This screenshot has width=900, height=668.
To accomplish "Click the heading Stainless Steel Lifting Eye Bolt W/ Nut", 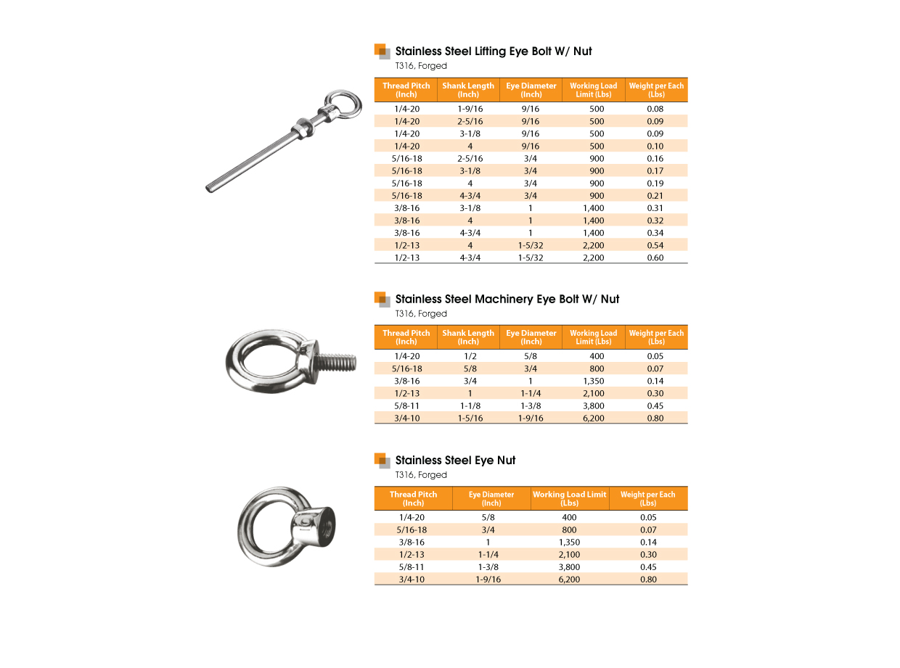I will pyautogui.click(x=494, y=51).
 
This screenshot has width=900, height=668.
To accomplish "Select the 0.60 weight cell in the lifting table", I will pyautogui.click(x=655, y=257).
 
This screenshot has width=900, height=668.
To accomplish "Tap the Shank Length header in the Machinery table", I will pyautogui.click(x=468, y=337).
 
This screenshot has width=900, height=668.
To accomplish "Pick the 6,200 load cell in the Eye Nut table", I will pyautogui.click(x=570, y=579).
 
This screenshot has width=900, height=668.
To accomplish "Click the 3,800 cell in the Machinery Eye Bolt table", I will pyautogui.click(x=593, y=405).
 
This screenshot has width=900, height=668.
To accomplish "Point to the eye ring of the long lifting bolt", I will pyautogui.click(x=343, y=104).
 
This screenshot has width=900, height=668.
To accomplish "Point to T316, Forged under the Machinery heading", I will pyautogui.click(x=421, y=314).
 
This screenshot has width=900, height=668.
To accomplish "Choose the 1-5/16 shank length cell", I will pyautogui.click(x=470, y=418).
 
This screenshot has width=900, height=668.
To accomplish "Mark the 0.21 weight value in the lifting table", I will pyautogui.click(x=655, y=195).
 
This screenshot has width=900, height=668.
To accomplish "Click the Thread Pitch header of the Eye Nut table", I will pyautogui.click(x=413, y=498).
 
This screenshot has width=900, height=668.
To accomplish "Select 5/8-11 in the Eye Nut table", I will pyautogui.click(x=412, y=566).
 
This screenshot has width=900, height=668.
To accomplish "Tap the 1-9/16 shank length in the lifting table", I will pyautogui.click(x=470, y=109).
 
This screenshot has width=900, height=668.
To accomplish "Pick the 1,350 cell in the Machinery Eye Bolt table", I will pyautogui.click(x=593, y=381).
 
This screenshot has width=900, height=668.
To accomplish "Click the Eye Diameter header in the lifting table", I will pyautogui.click(x=531, y=90).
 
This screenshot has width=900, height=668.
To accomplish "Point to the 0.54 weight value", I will pyautogui.click(x=655, y=245).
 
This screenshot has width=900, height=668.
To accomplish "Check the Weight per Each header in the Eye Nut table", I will pyautogui.click(x=647, y=498).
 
